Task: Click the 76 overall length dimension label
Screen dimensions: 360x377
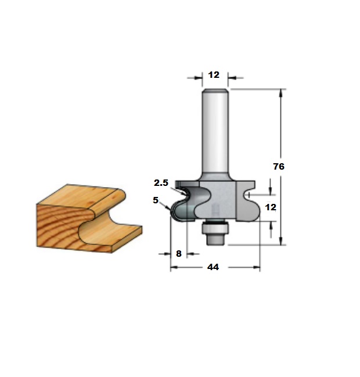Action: [279, 166]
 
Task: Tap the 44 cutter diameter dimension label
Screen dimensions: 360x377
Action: [213, 267]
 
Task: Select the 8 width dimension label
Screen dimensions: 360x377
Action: [179, 254]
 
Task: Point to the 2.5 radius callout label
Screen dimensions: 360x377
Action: [161, 183]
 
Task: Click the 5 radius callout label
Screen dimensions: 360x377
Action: [156, 200]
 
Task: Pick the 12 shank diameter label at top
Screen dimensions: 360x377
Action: [214, 75]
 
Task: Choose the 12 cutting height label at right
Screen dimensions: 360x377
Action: [271, 207]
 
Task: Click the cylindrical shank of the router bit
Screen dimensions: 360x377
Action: [215, 132]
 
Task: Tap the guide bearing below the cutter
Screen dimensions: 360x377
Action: [215, 228]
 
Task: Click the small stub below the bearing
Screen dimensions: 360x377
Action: [215, 240]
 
